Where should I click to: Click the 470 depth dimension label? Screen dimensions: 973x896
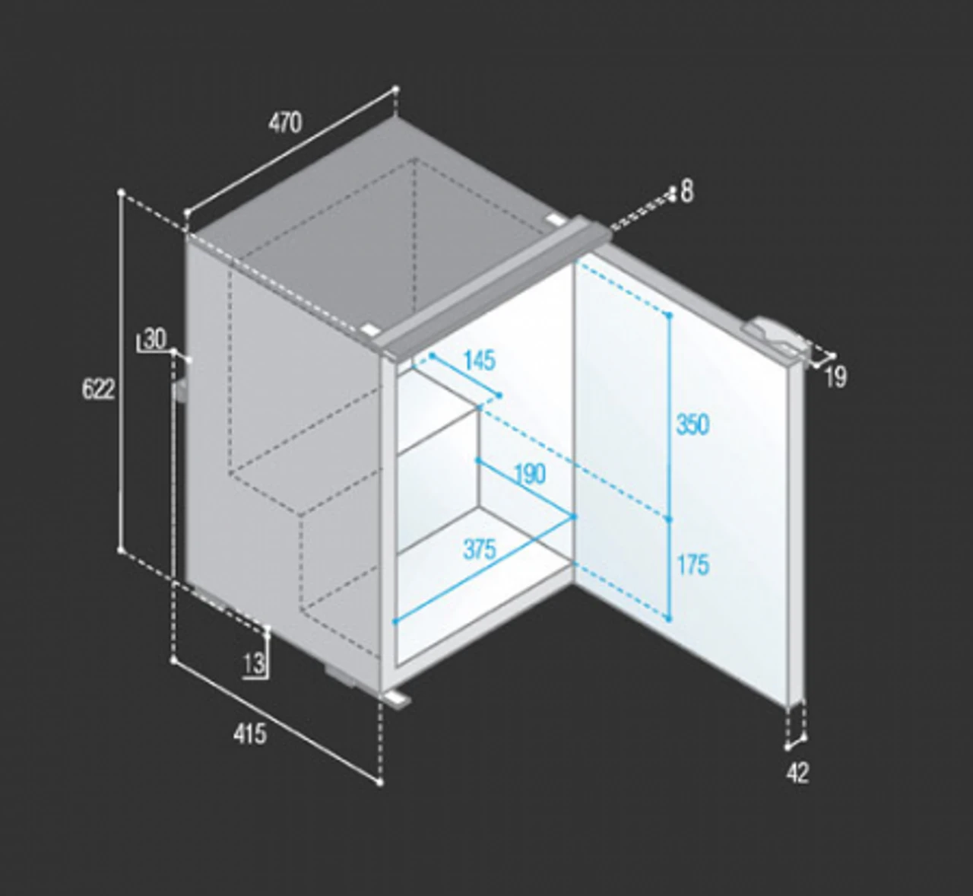click(285, 122)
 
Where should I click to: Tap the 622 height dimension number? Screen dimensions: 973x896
click(99, 389)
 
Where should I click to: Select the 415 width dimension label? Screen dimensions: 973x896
click(250, 734)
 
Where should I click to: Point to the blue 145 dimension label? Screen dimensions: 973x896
click(480, 361)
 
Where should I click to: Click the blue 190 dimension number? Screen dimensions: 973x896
click(530, 474)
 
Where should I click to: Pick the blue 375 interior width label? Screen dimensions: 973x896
click(480, 550)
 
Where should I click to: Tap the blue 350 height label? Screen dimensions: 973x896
click(693, 424)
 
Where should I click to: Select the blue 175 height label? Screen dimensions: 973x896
click(693, 564)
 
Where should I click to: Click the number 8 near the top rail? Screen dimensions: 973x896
click(687, 191)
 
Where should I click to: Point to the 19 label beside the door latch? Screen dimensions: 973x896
click(835, 377)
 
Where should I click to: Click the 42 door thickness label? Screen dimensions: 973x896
click(797, 773)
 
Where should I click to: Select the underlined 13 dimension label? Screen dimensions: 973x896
click(254, 664)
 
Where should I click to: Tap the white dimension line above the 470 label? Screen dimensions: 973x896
click(291, 151)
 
